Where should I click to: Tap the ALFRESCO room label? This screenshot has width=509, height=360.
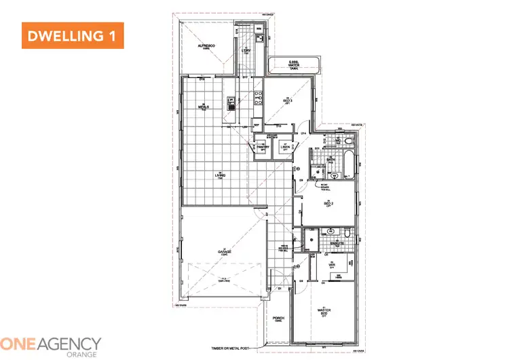[206, 46]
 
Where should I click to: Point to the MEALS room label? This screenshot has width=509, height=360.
[202, 107]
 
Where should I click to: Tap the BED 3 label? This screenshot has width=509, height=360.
[286, 102]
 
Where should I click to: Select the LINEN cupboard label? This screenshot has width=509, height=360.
[286, 147]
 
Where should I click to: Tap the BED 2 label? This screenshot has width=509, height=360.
[327, 203]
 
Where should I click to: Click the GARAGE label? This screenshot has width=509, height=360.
[225, 252]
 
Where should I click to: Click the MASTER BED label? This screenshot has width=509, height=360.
[324, 312]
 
